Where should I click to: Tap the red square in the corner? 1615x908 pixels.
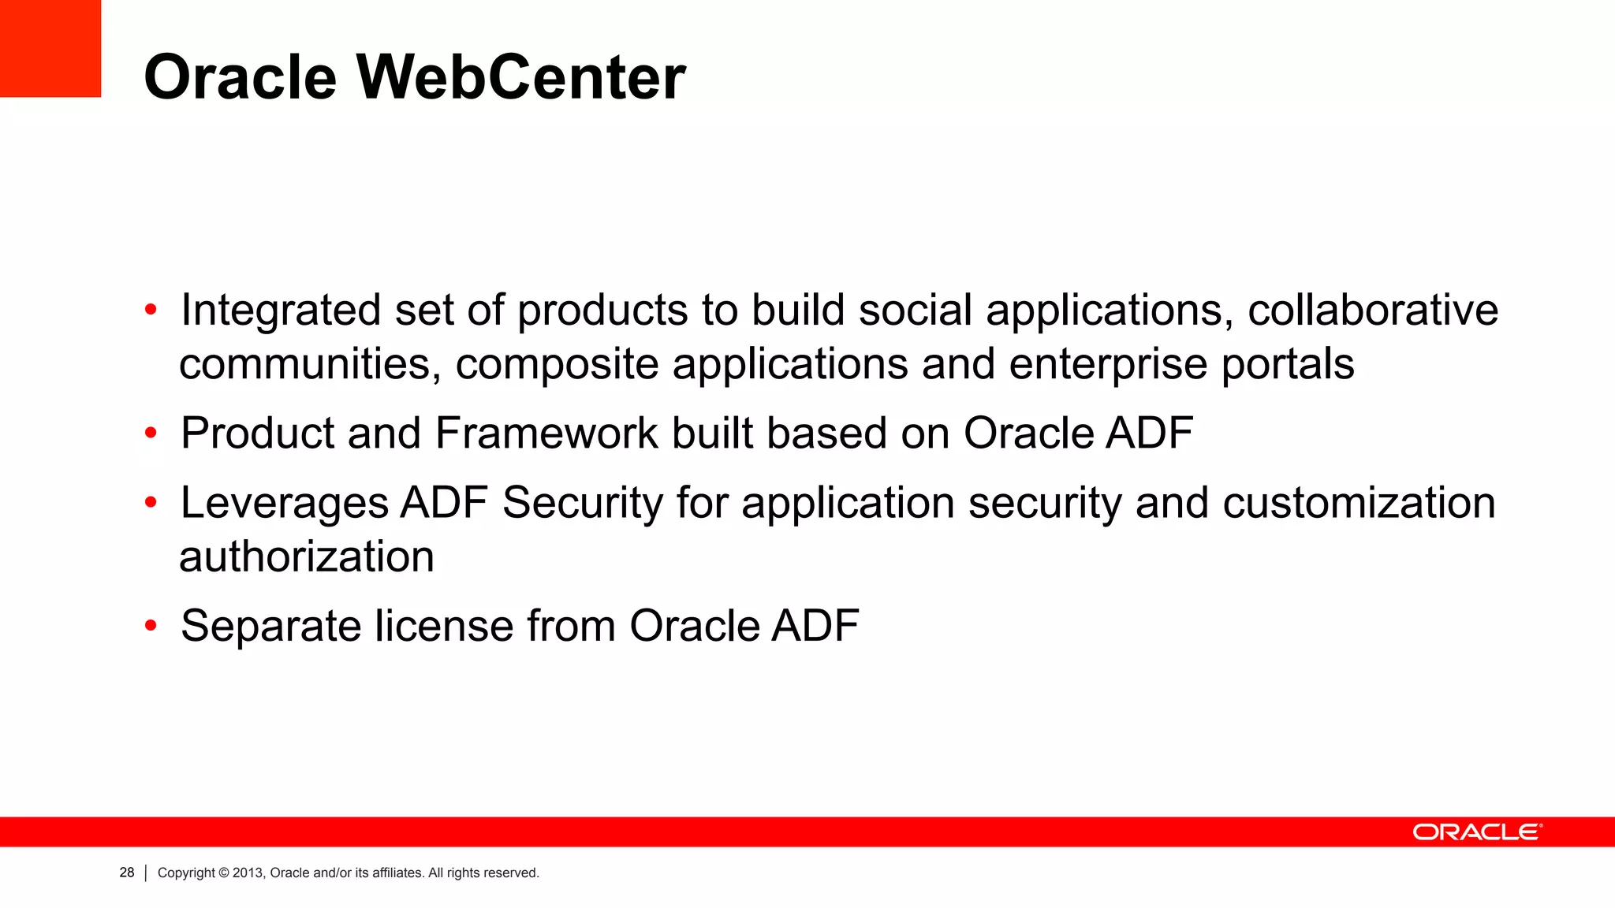[x=50, y=48]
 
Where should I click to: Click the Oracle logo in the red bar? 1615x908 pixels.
[x=1476, y=832]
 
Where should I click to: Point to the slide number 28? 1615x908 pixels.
[x=127, y=873]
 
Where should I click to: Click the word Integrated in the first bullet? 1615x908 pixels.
[x=281, y=310]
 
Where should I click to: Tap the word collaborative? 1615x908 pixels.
[x=1372, y=310]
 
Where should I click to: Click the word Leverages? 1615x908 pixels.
[x=285, y=503]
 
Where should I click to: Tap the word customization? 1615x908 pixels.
[x=1358, y=503]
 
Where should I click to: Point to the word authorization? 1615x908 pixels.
[x=307, y=556]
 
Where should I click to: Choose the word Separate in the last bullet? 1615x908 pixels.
[x=270, y=626]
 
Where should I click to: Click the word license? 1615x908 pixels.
[x=443, y=626]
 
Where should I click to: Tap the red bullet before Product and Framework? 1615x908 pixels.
[x=151, y=434]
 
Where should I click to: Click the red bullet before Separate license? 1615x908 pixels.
[x=151, y=627]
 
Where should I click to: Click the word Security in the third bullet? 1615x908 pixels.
[x=583, y=503]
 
